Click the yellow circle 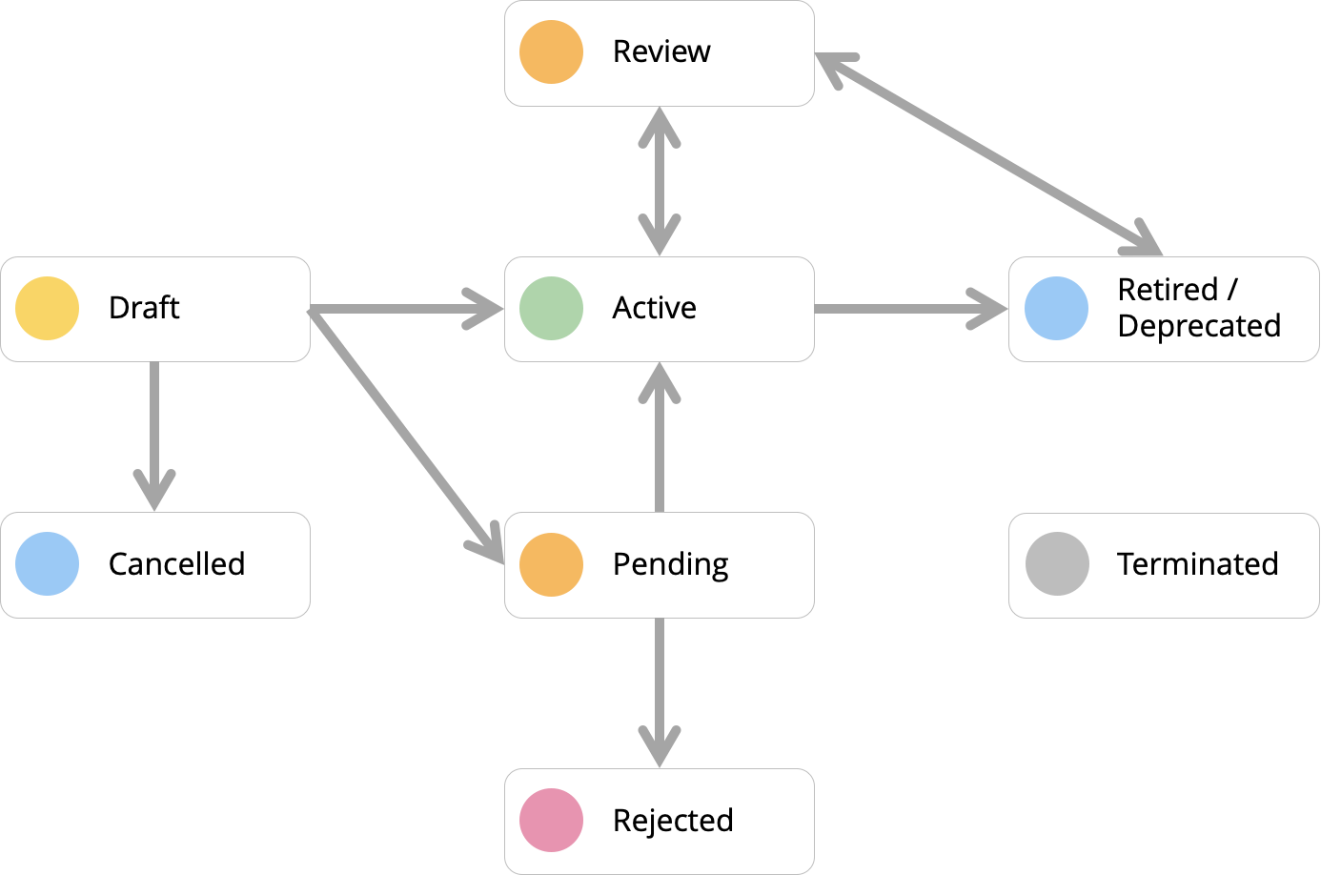[x=48, y=309]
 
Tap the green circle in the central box [x=551, y=309]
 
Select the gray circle [x=1057, y=564]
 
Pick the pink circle [x=551, y=820]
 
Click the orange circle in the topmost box [x=551, y=52]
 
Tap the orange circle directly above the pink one [x=551, y=564]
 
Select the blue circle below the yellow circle [x=48, y=564]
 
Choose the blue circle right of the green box [x=1056, y=309]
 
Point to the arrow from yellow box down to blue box [x=154, y=429]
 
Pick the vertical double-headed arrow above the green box [x=659, y=181]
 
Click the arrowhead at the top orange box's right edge [x=831, y=65]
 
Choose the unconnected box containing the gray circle [x=1191, y=564]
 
